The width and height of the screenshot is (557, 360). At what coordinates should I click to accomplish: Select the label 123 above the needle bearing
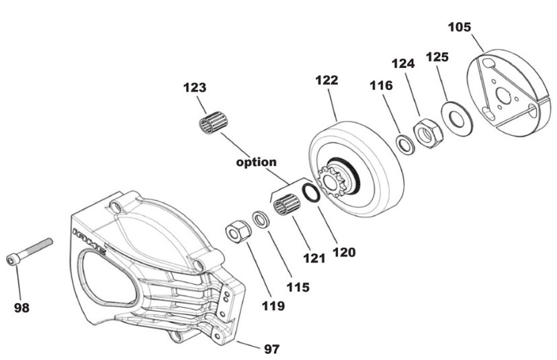[195, 87]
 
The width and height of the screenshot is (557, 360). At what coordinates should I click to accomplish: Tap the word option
[255, 162]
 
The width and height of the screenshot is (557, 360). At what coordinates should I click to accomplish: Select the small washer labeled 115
[261, 219]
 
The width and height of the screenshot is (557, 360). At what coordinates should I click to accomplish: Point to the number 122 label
[327, 80]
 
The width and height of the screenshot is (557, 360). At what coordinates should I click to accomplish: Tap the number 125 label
[437, 58]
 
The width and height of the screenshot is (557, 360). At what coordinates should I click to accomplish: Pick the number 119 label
[273, 306]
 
